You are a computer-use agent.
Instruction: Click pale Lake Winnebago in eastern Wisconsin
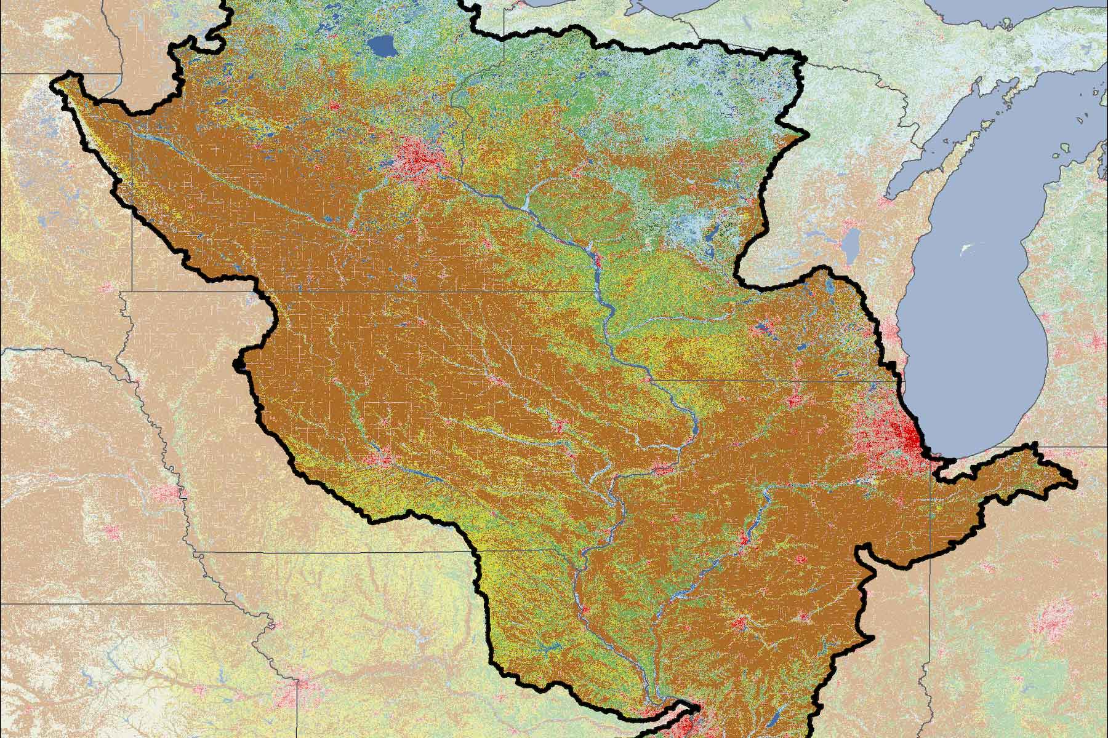(x=851, y=239)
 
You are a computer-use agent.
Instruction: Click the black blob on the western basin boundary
(x=239, y=366)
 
